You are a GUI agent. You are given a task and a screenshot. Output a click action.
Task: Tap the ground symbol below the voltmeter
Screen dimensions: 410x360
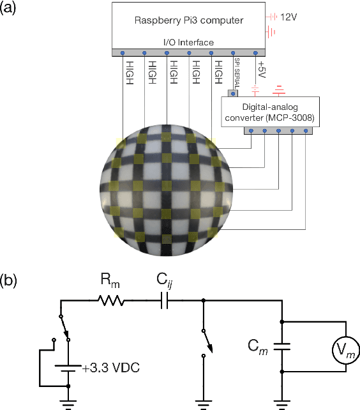coord(281,402)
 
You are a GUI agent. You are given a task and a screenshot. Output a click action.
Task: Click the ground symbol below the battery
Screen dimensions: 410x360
coord(67,402)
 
